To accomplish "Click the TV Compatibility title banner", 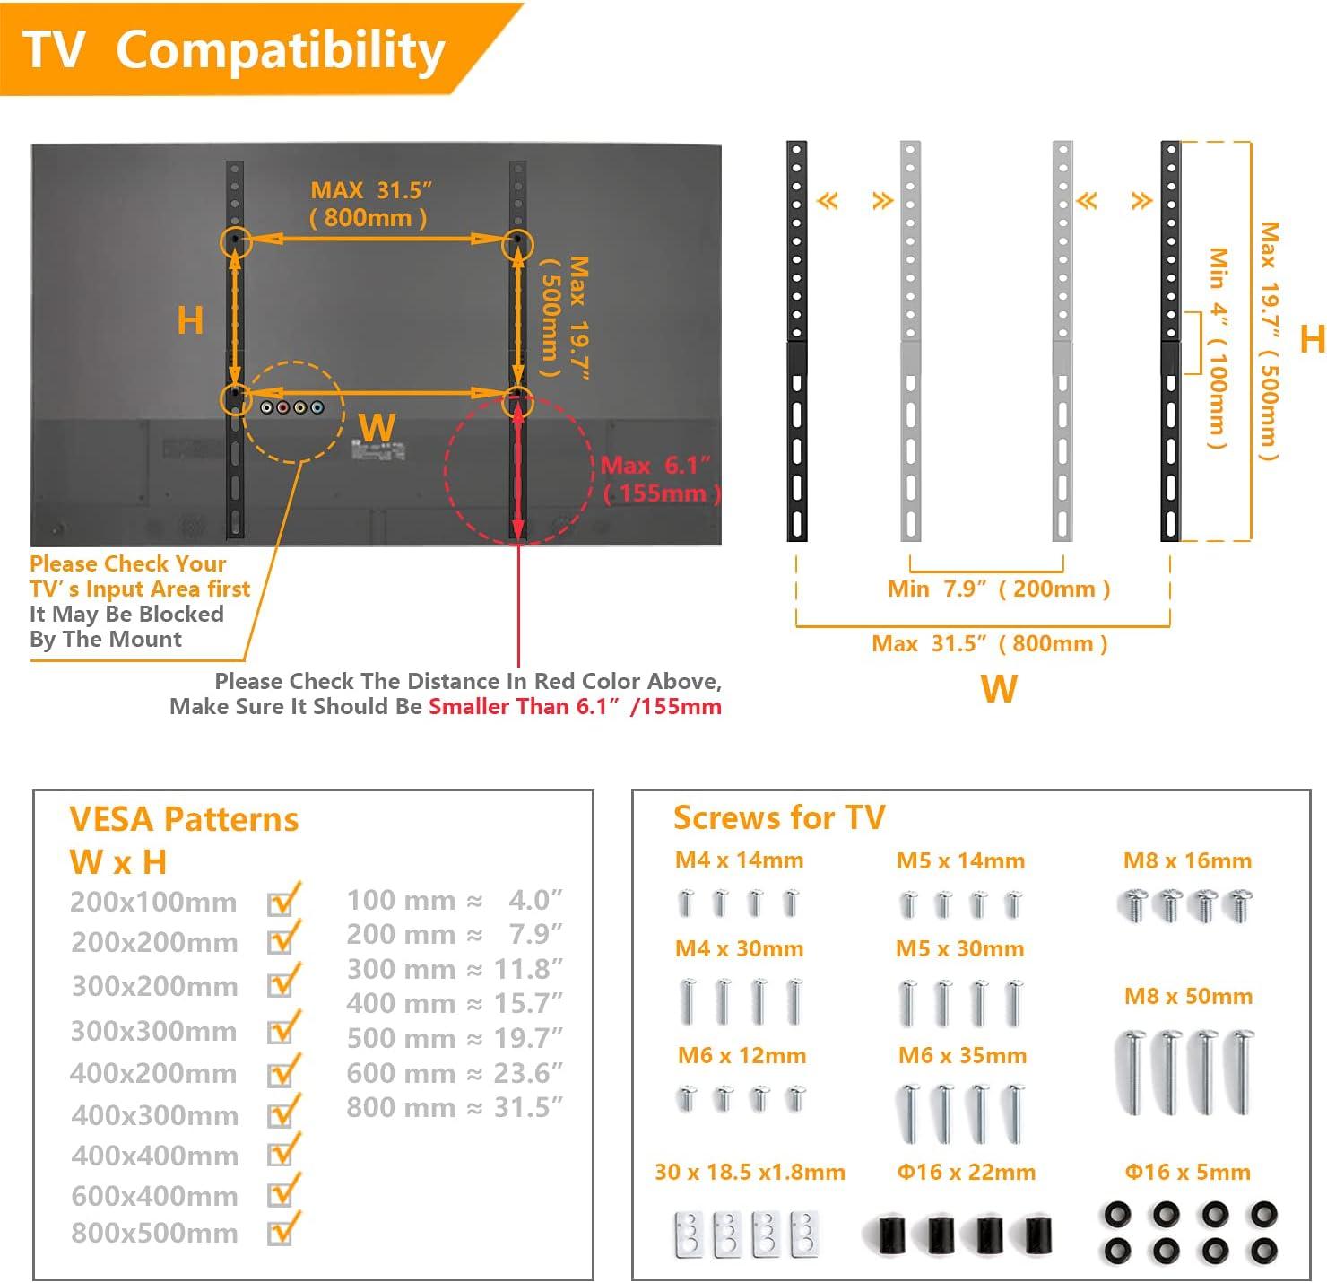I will pyautogui.click(x=235, y=49).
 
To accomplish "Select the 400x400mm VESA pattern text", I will pyautogui.click(x=154, y=1156).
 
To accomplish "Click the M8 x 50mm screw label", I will pyautogui.click(x=1188, y=996).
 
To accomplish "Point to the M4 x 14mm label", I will pyautogui.click(x=739, y=860).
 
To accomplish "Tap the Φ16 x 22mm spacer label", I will pyautogui.click(x=966, y=1172).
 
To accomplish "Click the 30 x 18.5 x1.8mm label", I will pyautogui.click(x=750, y=1172).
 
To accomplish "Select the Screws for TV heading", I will pyautogui.click(x=778, y=817).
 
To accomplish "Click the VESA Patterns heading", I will pyautogui.click(x=184, y=819).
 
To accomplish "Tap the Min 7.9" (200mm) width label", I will pyautogui.click(x=999, y=589).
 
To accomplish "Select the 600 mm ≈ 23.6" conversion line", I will pyautogui.click(x=455, y=1073).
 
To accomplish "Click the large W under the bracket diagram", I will pyautogui.click(x=999, y=689).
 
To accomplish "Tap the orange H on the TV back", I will pyautogui.click(x=190, y=320).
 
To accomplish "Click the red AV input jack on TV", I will pyautogui.click(x=283, y=408).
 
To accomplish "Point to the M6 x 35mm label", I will pyautogui.click(x=962, y=1056).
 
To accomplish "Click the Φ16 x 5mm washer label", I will pyautogui.click(x=1187, y=1172).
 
